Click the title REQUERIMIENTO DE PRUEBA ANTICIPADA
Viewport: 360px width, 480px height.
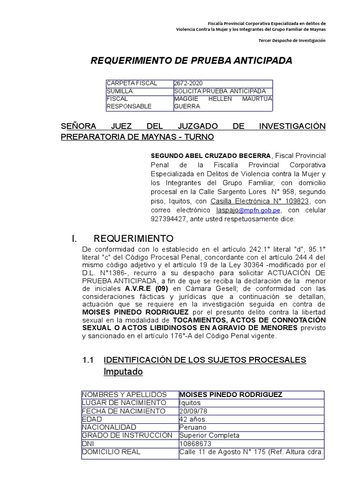pyautogui.click(x=191, y=60)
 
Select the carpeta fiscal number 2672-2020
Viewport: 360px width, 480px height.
pyautogui.click(x=188, y=83)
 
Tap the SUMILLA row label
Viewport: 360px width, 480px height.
pyautogui.click(x=120, y=90)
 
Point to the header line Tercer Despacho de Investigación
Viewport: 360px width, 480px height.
pyautogui.click(x=292, y=40)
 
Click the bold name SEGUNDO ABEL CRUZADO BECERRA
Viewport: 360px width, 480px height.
pyautogui.click(x=210, y=156)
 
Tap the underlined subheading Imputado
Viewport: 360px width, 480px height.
pyautogui.click(x=123, y=372)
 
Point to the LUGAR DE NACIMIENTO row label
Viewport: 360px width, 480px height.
pyautogui.click(x=124, y=403)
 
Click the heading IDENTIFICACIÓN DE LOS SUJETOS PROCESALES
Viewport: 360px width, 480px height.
pyautogui.click(x=205, y=360)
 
